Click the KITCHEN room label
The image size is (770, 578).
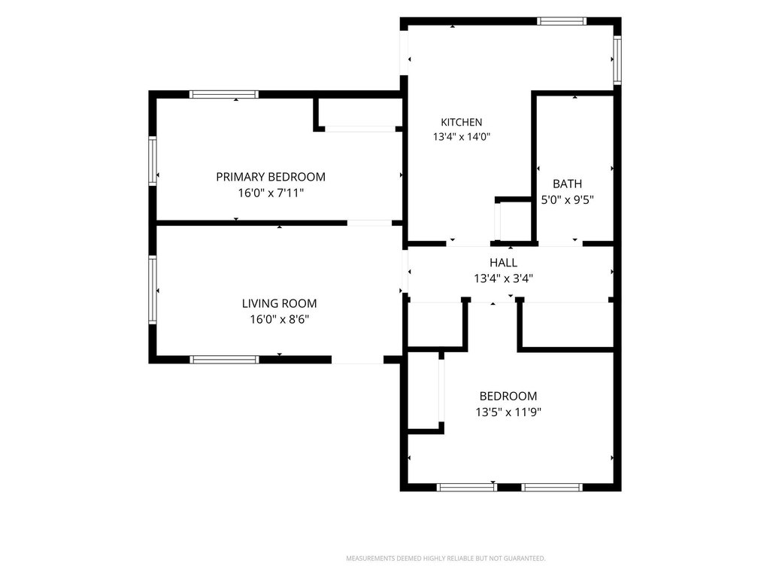[x=461, y=122]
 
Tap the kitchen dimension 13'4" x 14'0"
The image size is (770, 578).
[x=462, y=137]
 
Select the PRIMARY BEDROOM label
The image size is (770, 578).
[x=271, y=176]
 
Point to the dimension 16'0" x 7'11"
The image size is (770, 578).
[x=271, y=193]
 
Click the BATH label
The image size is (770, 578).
[x=567, y=184]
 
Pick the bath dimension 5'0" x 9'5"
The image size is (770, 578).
[x=568, y=199]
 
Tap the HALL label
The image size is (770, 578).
[x=503, y=263]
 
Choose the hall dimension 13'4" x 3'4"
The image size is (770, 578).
[x=503, y=278]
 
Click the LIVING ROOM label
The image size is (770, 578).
[x=280, y=303]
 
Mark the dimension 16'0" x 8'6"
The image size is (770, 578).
[x=280, y=319]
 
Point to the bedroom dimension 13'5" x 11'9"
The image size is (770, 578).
[x=508, y=412]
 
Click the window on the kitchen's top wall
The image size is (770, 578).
[x=561, y=21]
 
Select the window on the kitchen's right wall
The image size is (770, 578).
[x=617, y=60]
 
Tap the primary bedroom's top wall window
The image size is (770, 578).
[x=224, y=94]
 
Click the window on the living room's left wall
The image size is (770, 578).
[x=152, y=290]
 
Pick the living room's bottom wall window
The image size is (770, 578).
[x=224, y=360]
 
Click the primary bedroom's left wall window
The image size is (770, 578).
[x=152, y=161]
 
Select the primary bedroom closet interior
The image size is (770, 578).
[x=360, y=113]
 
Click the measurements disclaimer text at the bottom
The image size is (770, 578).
[x=446, y=558]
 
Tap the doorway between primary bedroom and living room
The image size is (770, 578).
[x=369, y=223]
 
